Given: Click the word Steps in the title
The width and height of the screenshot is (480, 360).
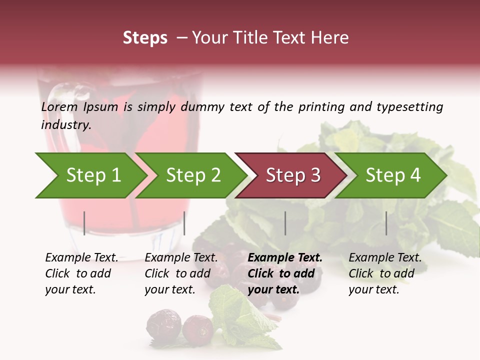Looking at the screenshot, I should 145,38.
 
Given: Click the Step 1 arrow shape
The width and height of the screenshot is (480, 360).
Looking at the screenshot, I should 90,175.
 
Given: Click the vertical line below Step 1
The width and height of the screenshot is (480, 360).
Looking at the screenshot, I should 84,223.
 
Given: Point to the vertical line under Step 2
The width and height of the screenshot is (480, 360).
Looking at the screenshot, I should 184,223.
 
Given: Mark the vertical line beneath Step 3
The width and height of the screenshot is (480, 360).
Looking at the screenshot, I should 285,223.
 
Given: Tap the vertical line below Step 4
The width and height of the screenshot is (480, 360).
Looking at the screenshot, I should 386,223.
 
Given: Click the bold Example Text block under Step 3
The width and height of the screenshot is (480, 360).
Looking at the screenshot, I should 285,273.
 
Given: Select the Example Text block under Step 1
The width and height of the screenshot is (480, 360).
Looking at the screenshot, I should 81,273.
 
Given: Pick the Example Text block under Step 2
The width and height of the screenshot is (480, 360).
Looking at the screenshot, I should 181,273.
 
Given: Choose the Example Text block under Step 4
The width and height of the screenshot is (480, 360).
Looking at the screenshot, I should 385,273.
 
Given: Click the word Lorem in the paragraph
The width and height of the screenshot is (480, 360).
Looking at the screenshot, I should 59,107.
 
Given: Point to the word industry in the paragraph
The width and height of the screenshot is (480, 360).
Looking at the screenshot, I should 66,125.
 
